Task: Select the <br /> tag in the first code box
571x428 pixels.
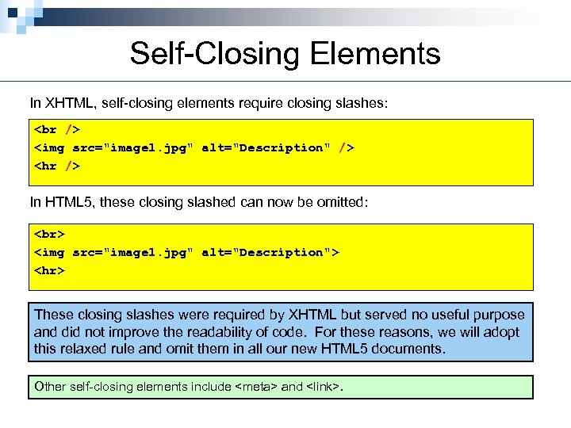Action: pyautogui.click(x=57, y=128)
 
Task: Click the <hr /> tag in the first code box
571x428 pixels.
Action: pyautogui.click(x=57, y=166)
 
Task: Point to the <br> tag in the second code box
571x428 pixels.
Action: pyautogui.click(x=49, y=233)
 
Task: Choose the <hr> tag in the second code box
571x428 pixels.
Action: pyautogui.click(x=49, y=271)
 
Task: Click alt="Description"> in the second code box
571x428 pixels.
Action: pyautogui.click(x=270, y=252)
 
